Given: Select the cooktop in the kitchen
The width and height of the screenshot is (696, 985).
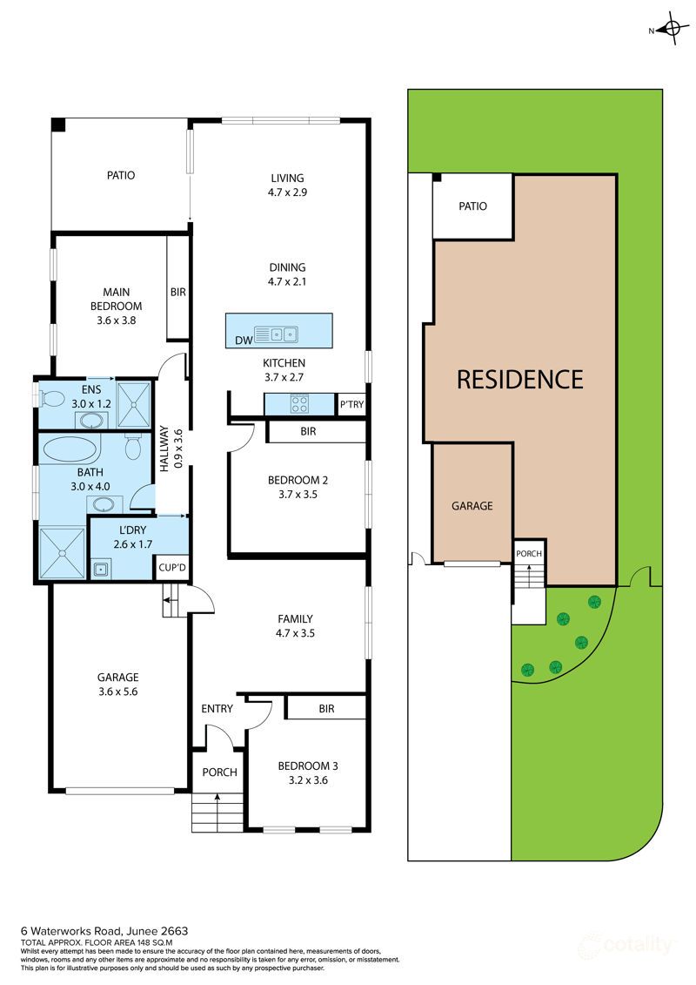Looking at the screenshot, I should [x=301, y=404].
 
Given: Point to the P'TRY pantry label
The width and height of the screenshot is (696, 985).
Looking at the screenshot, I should [x=351, y=404].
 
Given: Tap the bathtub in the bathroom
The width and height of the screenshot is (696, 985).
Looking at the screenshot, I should [x=70, y=450].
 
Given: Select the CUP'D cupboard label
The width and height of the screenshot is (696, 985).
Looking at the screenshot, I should [x=171, y=568].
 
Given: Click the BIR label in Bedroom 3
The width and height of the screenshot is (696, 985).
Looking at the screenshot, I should [x=326, y=709].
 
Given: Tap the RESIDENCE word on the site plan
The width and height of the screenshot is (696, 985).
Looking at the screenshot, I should [x=519, y=379].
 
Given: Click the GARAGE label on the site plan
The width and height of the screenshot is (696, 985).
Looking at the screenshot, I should [x=472, y=505].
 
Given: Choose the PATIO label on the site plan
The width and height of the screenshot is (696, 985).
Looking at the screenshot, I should [x=472, y=206].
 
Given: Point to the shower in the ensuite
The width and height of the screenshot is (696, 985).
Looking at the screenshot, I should [x=134, y=400].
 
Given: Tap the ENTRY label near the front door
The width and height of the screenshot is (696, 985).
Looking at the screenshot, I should [x=217, y=708].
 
